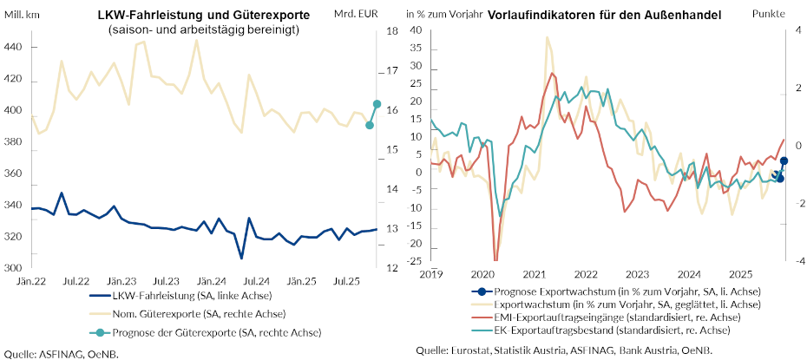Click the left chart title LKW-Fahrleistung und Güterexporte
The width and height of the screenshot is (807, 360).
coord(204,15)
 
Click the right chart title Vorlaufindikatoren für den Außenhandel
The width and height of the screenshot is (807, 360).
coord(605,15)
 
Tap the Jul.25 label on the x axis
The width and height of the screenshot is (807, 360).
coord(347,282)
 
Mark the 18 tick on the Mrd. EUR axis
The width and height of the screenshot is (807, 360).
coord(392,31)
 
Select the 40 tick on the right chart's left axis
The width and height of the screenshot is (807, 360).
coord(415,30)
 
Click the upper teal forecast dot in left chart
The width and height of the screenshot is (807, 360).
coord(377,104)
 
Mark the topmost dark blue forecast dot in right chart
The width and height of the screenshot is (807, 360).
coord(784,160)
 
